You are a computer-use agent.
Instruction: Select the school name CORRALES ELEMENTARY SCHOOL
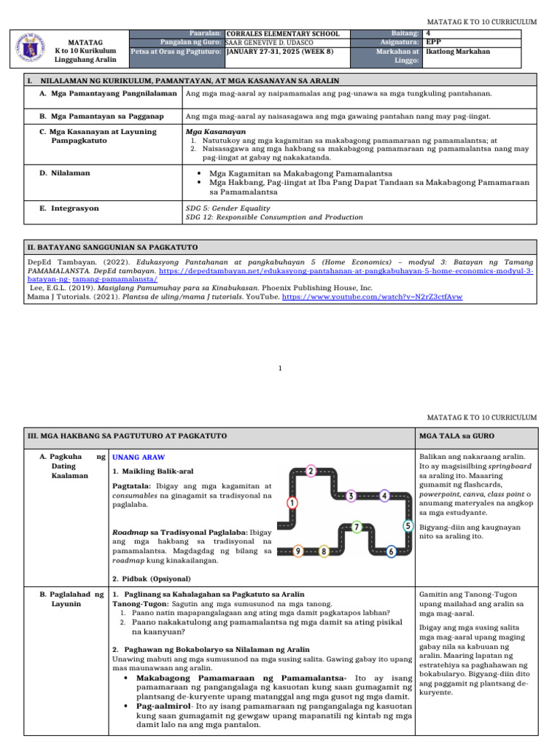click(x=283, y=34)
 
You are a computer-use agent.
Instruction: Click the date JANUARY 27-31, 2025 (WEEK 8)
click(x=280, y=52)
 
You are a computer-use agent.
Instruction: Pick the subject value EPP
click(x=433, y=42)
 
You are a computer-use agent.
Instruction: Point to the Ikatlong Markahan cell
click(x=458, y=52)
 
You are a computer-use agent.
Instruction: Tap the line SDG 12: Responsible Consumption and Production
click(x=274, y=217)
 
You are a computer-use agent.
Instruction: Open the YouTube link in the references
click(x=372, y=297)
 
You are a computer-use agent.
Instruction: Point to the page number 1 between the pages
click(x=280, y=369)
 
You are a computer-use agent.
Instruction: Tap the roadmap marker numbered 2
click(x=311, y=471)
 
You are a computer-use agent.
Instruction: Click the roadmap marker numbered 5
click(x=408, y=525)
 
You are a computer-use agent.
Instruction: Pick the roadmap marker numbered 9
click(x=298, y=551)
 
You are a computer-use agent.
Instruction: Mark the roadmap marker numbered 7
click(x=356, y=526)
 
